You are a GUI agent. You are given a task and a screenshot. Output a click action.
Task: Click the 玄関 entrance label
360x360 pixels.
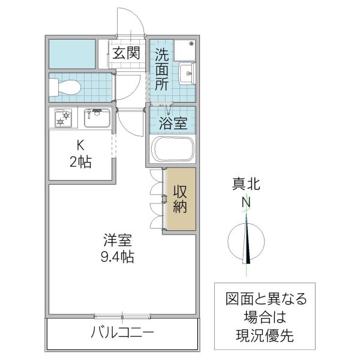point(126,53)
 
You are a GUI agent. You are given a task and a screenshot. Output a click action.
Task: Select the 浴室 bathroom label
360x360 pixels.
point(173,124)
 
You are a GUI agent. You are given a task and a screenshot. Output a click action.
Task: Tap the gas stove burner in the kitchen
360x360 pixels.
point(62,118)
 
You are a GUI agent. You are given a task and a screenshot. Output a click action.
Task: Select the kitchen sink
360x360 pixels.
point(96,118)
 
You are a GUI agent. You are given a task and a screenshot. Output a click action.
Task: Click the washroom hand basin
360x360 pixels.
point(187,75)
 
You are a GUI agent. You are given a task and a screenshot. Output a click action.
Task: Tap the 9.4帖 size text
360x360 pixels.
point(117,257)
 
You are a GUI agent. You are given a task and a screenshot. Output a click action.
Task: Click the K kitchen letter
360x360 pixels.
point(79,146)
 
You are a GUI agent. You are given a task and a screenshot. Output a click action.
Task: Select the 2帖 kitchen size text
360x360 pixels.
point(79,162)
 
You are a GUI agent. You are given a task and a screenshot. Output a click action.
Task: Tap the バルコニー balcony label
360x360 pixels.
point(123,332)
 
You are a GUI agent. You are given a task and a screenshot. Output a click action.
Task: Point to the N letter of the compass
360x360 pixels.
point(246,203)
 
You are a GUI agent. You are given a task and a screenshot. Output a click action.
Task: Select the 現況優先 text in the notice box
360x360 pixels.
point(265,335)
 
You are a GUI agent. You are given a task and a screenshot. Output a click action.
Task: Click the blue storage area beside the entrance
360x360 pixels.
point(72,53)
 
